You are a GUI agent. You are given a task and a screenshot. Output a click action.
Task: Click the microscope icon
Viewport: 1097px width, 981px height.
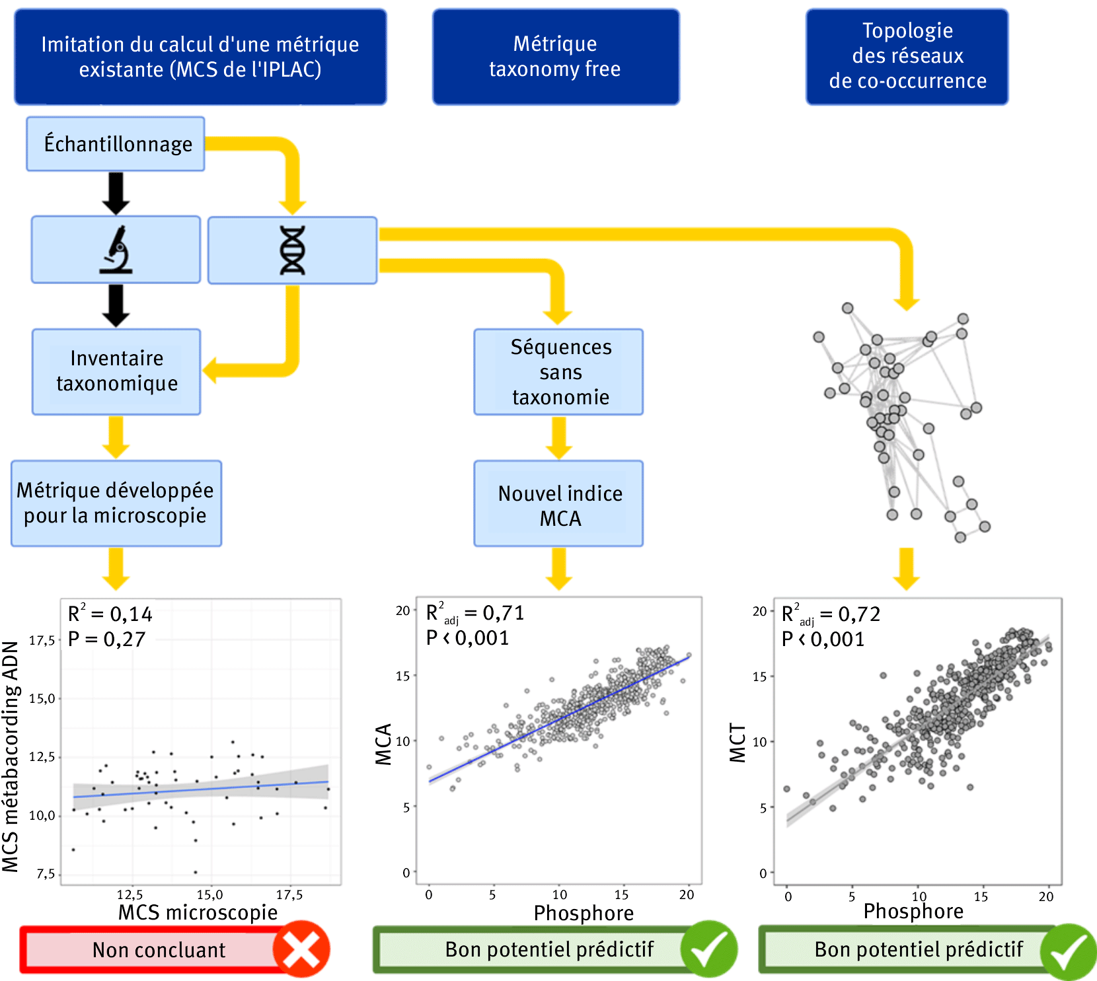click(116, 250)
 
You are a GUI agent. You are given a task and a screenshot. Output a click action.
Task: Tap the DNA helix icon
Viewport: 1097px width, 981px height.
click(292, 250)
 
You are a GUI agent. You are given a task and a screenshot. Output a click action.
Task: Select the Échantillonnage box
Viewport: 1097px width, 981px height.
click(116, 144)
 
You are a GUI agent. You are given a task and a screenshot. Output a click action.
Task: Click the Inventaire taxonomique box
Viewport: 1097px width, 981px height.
click(116, 371)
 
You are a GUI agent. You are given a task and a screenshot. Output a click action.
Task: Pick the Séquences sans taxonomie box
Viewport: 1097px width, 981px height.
click(558, 372)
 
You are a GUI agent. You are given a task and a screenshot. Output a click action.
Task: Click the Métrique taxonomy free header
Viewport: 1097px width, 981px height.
click(556, 57)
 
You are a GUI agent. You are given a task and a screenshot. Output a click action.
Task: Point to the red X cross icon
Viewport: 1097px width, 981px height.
click(301, 949)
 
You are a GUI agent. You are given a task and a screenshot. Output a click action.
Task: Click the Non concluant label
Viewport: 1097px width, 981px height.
click(159, 950)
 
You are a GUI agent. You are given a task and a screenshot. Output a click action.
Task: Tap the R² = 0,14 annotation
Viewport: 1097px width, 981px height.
click(110, 614)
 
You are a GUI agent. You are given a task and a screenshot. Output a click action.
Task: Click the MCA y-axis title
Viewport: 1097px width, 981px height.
click(384, 745)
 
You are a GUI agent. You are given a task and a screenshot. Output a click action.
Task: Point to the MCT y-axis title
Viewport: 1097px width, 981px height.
click(738, 743)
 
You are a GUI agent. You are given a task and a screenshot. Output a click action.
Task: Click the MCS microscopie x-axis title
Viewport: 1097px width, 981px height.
click(198, 912)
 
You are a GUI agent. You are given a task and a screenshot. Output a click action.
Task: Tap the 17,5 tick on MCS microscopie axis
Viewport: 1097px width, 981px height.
click(289, 895)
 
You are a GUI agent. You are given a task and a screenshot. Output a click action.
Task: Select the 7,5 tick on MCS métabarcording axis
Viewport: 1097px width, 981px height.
click(46, 874)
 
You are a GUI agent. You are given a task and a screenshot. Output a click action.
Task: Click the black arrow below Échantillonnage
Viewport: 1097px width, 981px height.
click(116, 193)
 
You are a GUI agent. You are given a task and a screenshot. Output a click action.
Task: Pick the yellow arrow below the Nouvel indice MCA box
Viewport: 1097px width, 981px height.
click(559, 568)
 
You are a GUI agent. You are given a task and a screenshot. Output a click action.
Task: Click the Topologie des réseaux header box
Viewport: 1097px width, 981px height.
click(907, 57)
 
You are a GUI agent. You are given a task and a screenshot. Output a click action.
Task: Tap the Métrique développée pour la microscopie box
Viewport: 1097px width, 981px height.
click(116, 503)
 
